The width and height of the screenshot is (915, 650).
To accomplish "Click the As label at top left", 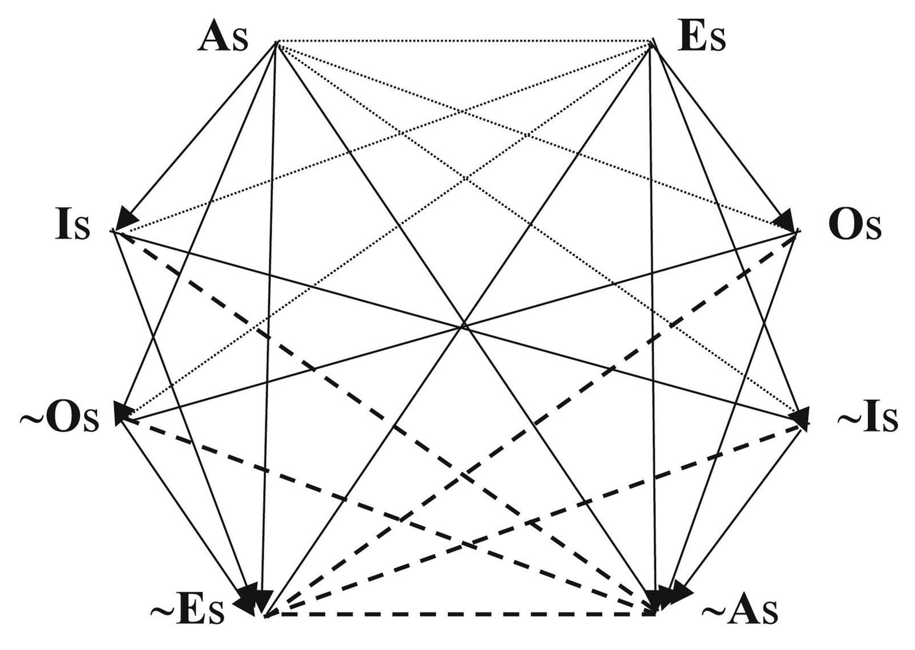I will click(223, 40).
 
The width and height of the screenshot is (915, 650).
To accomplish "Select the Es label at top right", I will click(701, 39).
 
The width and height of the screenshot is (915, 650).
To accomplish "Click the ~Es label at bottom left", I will click(188, 612).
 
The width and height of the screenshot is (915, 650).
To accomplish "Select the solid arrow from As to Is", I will click(200, 132).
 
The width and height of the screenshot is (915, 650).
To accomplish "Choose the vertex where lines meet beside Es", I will click(651, 42).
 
